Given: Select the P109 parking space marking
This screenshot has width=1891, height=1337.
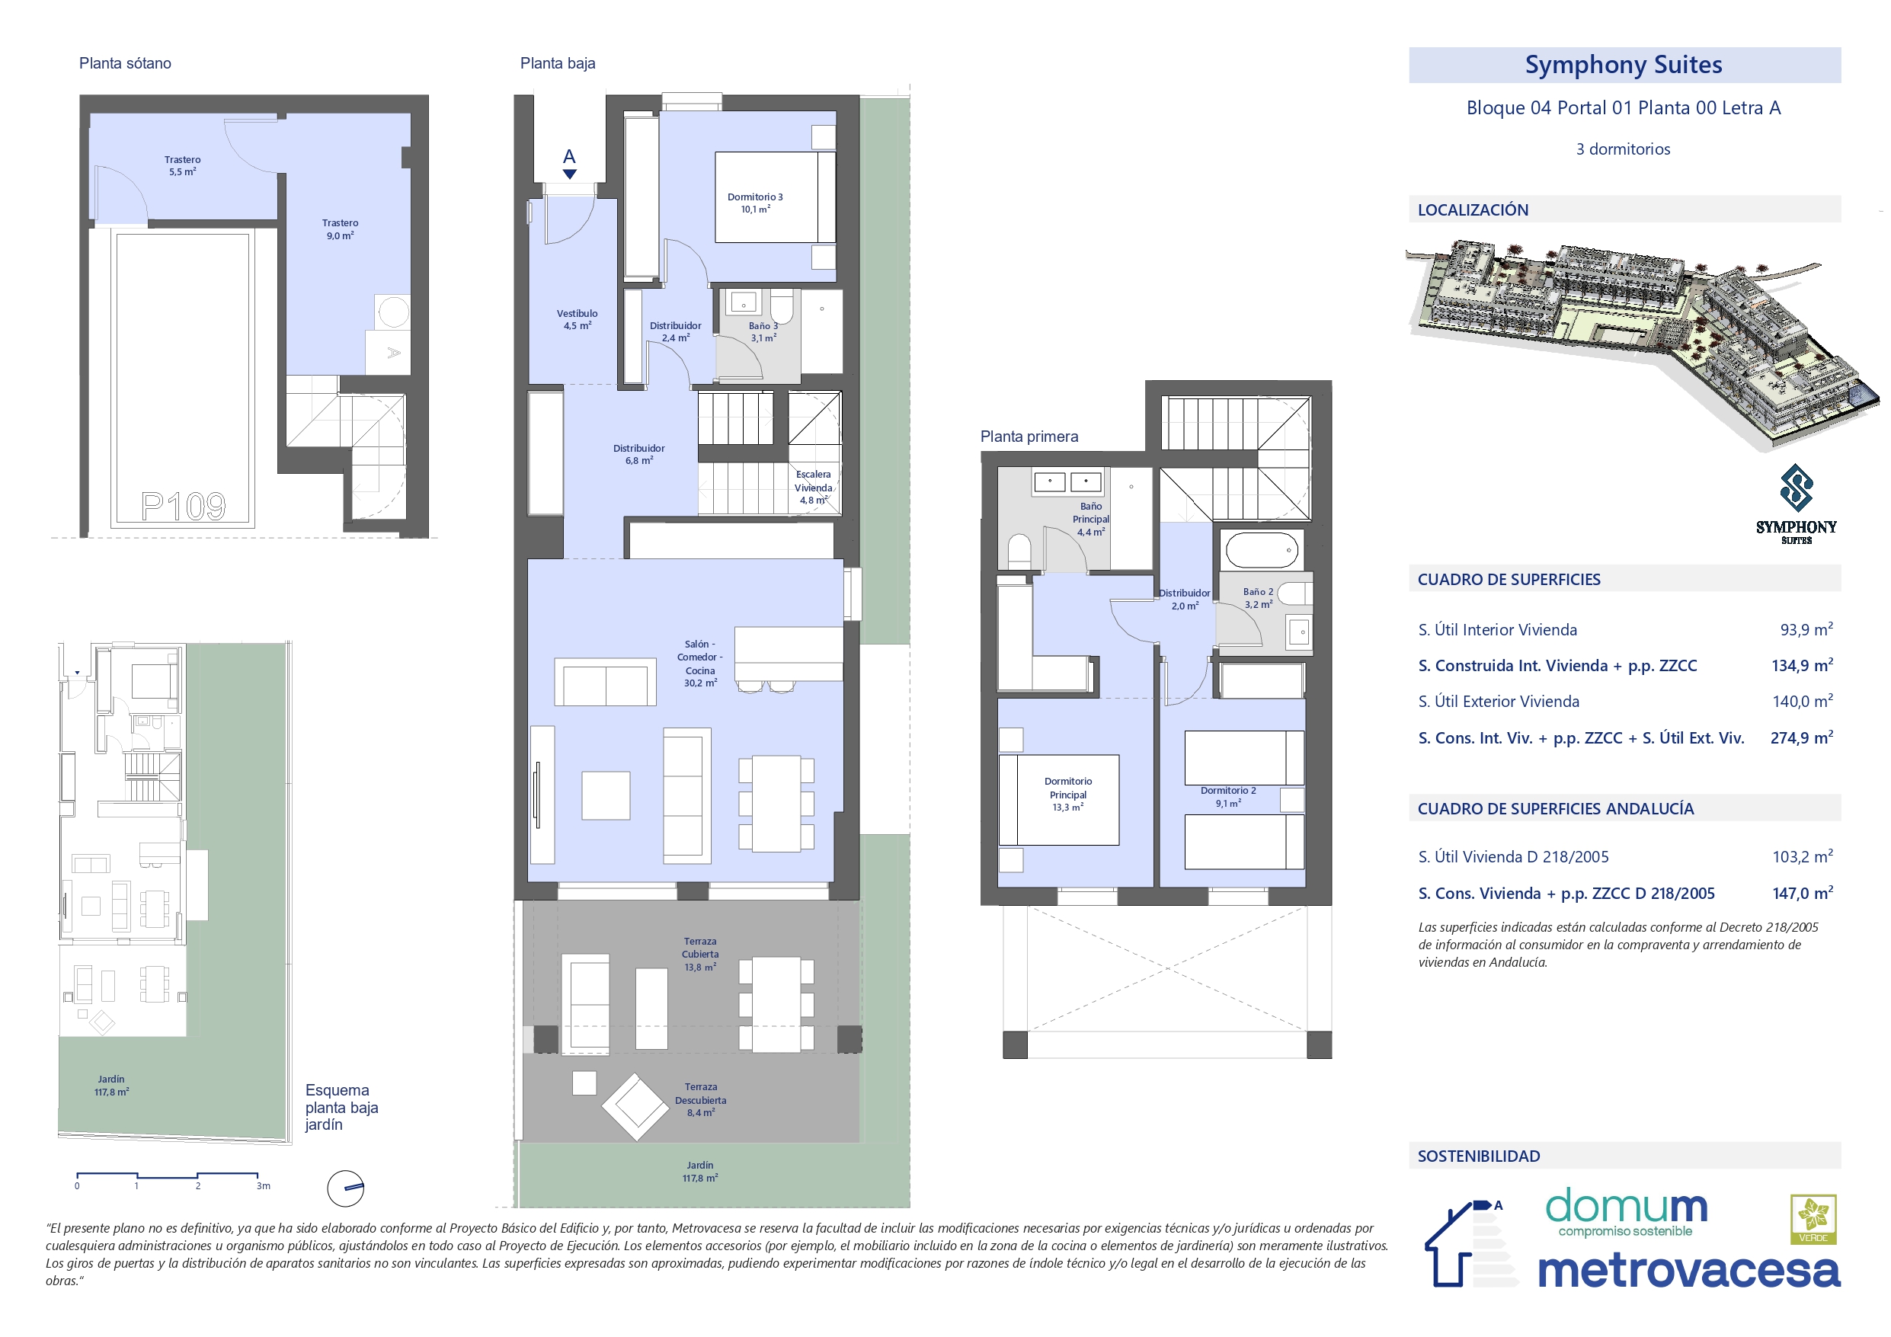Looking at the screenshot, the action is coord(183,506).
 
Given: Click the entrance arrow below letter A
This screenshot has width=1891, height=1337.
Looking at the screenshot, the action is coord(569,174).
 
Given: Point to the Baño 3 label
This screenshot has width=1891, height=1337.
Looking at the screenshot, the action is coord(763,332).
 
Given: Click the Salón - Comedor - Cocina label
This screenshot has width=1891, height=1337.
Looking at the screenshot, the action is coord(700,663).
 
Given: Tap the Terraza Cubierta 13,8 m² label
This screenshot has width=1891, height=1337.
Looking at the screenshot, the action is coord(700,954).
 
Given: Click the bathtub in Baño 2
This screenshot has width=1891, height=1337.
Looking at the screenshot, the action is coord(1262,549).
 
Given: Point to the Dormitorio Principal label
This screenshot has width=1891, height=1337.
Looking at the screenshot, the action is coord(1068,794).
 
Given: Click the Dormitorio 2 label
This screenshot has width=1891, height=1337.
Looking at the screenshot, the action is coord(1228,797).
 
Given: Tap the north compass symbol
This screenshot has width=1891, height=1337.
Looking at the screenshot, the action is coord(346,1188).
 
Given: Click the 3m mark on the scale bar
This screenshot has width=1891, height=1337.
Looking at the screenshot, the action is coord(263,1186).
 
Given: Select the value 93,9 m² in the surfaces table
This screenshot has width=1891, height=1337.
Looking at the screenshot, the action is coord(1806,629).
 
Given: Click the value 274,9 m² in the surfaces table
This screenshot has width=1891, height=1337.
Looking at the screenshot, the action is coord(1801,737).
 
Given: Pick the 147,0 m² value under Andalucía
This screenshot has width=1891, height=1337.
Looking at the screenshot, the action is coord(1802,893).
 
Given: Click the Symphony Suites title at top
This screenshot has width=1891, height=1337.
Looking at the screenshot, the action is coord(1624,64).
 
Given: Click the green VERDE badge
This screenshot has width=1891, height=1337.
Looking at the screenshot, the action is coord(1813,1219).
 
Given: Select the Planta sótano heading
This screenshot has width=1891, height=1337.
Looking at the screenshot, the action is coord(125,63).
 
